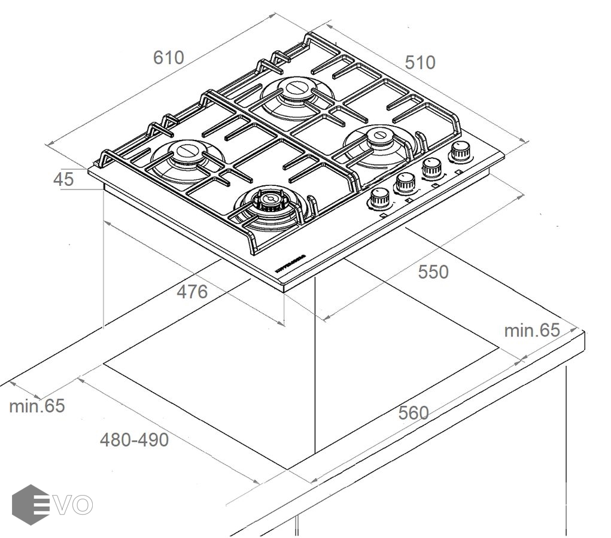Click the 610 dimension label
click(x=169, y=57)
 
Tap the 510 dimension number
click(x=420, y=62)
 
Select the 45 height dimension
click(x=63, y=179)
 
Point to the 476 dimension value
click(x=192, y=292)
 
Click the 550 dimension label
click(x=433, y=272)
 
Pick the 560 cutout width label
click(x=414, y=412)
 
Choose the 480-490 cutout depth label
click(x=134, y=440)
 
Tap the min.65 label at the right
click(x=531, y=330)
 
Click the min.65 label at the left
click(x=37, y=406)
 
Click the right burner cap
click(x=378, y=136)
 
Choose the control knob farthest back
click(x=460, y=151)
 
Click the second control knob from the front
click(x=405, y=182)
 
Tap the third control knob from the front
click(x=431, y=167)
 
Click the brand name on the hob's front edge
click(x=291, y=263)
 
